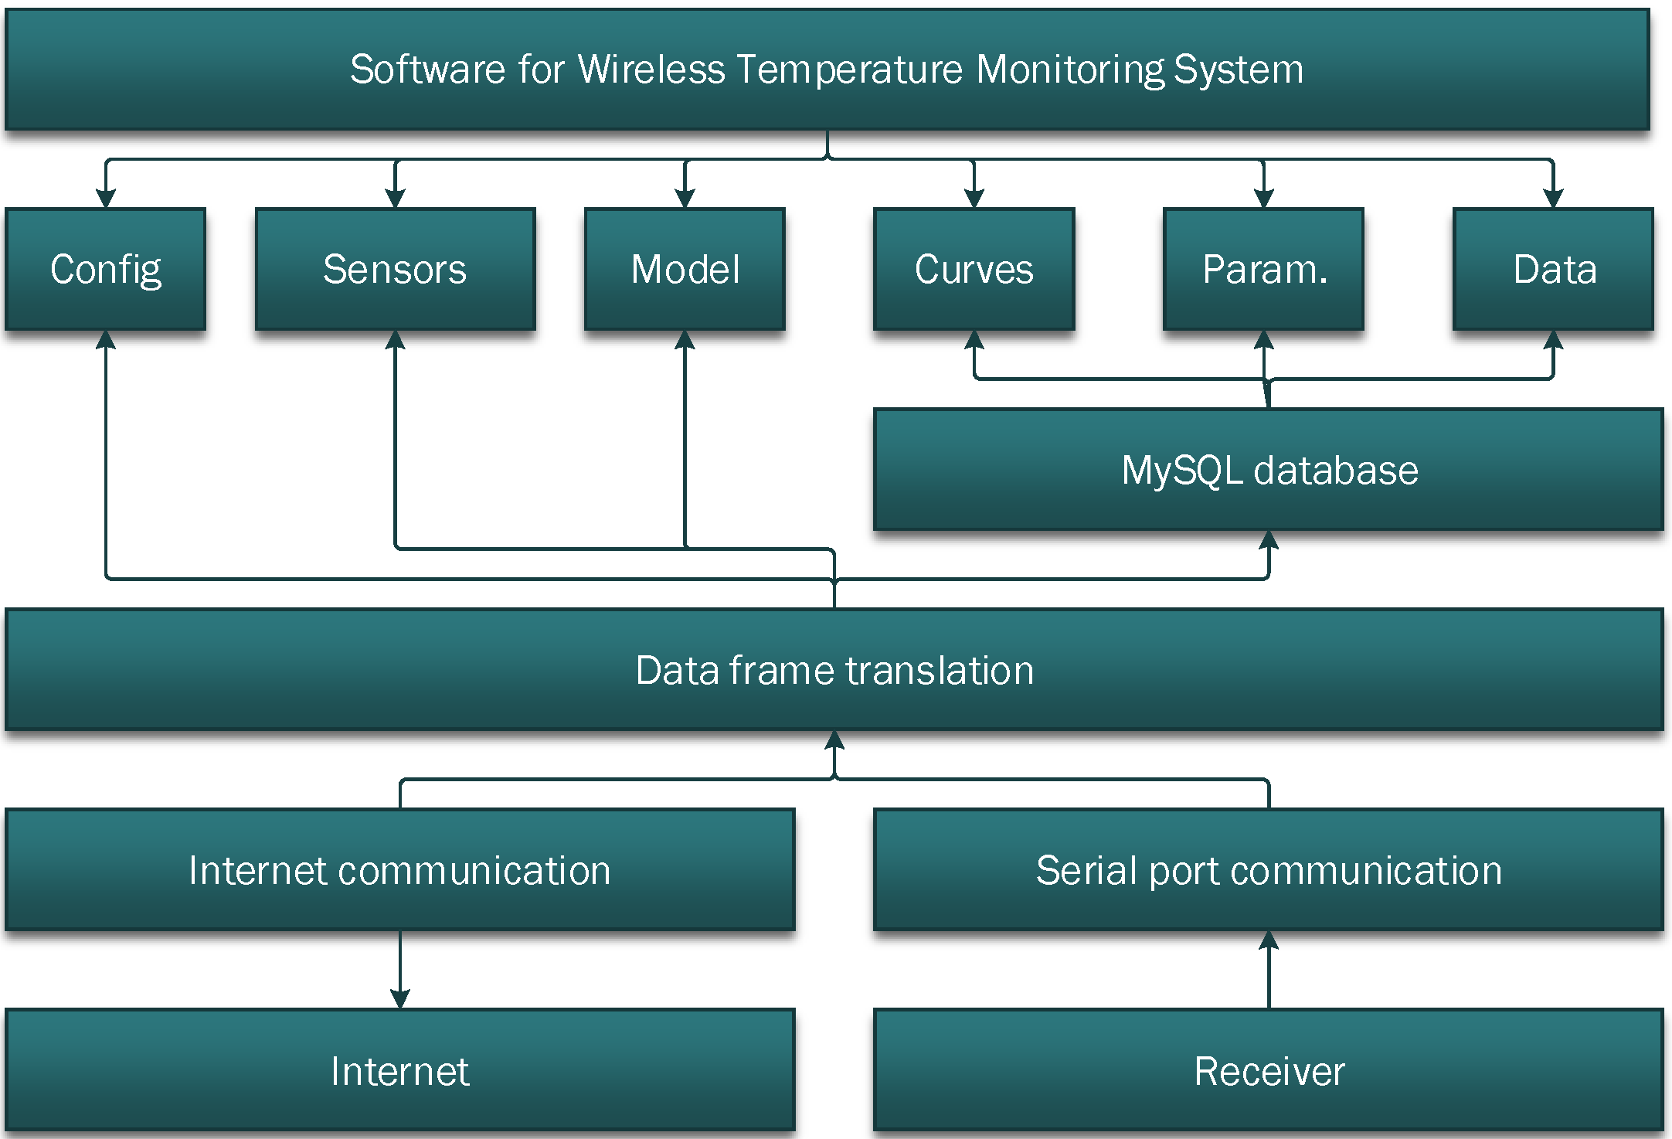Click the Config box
click(x=105, y=269)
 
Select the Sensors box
click(x=395, y=269)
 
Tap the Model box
click(x=685, y=269)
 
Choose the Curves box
click(x=974, y=269)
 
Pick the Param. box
click(x=1263, y=269)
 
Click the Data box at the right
click(x=1553, y=269)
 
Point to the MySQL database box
click(x=1269, y=470)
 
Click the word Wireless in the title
click(x=651, y=69)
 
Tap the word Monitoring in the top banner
click(x=1069, y=69)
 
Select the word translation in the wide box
click(x=940, y=670)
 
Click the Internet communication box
click(x=399, y=870)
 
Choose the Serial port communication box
click(x=1269, y=870)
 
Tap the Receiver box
click(x=1269, y=1070)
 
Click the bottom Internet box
click(x=399, y=1070)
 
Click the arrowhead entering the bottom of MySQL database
click(x=1269, y=540)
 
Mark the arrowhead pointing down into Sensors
click(x=395, y=198)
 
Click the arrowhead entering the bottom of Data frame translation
click(x=834, y=740)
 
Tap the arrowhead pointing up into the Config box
click(x=106, y=340)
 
